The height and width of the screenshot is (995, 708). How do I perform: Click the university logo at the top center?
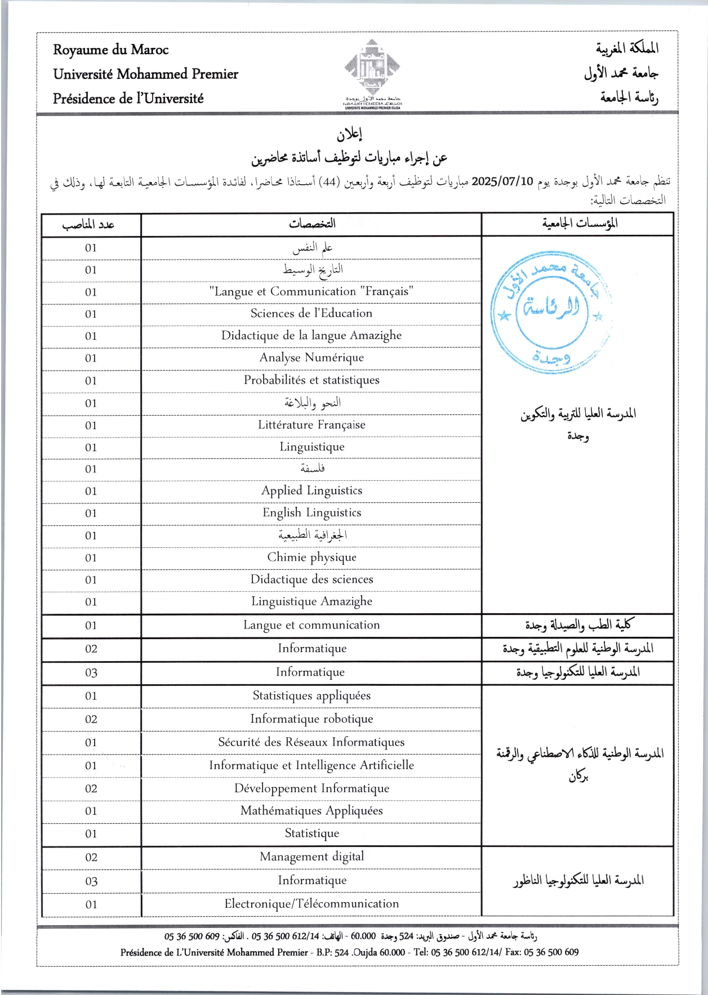coord(372,70)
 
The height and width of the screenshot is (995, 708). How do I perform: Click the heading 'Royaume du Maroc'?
coord(111,50)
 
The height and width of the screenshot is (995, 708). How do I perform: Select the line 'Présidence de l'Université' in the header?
coord(128,99)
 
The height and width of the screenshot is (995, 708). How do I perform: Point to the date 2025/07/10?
coord(502,182)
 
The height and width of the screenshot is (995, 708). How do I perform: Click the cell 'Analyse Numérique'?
coord(311,358)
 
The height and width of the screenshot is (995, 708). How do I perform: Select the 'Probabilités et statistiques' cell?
coord(311,380)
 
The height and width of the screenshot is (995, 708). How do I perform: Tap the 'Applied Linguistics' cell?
coord(311,490)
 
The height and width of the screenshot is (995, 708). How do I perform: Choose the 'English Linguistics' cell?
coord(311,512)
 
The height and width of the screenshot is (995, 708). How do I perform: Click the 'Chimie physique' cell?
coord(311,557)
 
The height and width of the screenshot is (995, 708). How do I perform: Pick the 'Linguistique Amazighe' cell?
coord(311,601)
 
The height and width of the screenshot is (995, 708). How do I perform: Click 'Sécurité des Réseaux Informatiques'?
coord(311,742)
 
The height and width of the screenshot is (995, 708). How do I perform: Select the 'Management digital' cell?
coord(311,856)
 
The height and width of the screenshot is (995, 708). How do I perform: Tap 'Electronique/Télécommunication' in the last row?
coord(311,904)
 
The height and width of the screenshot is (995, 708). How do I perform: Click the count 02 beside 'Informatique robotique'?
coord(91,719)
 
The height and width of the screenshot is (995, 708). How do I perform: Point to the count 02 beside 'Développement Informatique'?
coord(91,788)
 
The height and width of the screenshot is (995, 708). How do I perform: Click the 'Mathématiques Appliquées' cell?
coord(311,811)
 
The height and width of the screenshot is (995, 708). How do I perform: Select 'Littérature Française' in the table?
coord(311,425)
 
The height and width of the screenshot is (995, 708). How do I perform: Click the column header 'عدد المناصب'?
coord(88,225)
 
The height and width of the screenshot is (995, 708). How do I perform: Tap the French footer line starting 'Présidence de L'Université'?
coord(349,952)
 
